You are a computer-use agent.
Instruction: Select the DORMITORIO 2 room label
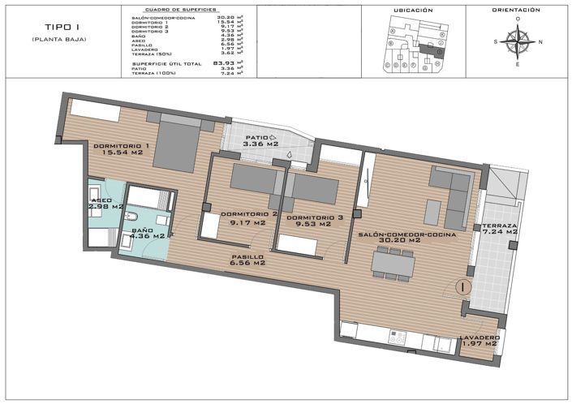pyautogui.click(x=249, y=218)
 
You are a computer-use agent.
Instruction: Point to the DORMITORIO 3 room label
pyautogui.click(x=308, y=220)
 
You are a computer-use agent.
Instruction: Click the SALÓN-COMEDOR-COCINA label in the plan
pyautogui.click(x=407, y=237)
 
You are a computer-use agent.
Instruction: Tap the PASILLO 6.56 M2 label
pyautogui.click(x=248, y=259)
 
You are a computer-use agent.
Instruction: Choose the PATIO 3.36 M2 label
pyautogui.click(x=261, y=141)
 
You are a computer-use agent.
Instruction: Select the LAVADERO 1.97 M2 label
pyautogui.click(x=478, y=341)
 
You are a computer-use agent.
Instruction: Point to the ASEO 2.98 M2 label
pyautogui.click(x=105, y=203)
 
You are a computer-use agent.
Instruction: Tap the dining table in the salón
pyautogui.click(x=393, y=262)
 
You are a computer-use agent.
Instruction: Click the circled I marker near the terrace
pyautogui.click(x=460, y=286)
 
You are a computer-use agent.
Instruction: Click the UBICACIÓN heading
pyautogui.click(x=413, y=11)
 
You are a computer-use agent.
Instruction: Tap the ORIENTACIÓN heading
pyautogui.click(x=516, y=11)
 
